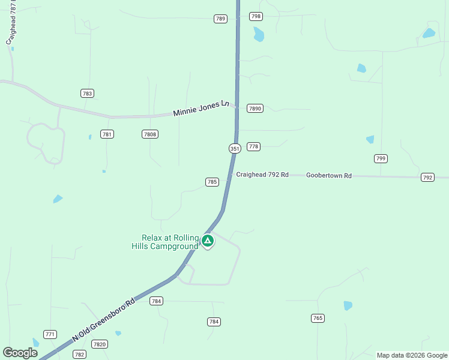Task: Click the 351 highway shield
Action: (235, 148)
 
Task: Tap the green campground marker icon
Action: (207, 241)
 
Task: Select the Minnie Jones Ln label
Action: (201, 108)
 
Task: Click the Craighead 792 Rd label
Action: (262, 175)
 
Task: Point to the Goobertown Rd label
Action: (328, 175)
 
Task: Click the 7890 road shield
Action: (255, 109)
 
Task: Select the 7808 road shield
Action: (150, 134)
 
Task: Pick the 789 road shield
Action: (220, 19)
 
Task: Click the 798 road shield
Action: (256, 17)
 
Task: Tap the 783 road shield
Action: (88, 93)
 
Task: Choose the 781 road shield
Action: (107, 134)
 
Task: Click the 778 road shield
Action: (253, 146)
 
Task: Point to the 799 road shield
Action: (381, 158)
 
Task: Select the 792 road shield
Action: (427, 177)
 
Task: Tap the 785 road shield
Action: (212, 182)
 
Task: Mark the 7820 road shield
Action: (100, 344)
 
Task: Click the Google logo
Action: (20, 353)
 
